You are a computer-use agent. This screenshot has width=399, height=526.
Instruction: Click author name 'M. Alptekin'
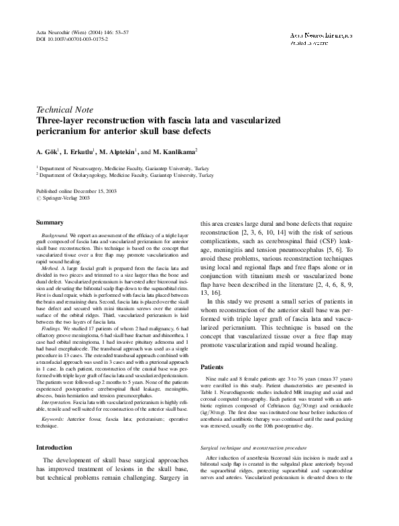click(122, 151)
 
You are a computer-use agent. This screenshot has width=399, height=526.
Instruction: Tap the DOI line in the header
click(68, 41)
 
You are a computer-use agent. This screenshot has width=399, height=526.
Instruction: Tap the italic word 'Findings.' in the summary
click(53, 329)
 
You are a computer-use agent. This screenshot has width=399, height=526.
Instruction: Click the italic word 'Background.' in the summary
click(56, 237)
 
